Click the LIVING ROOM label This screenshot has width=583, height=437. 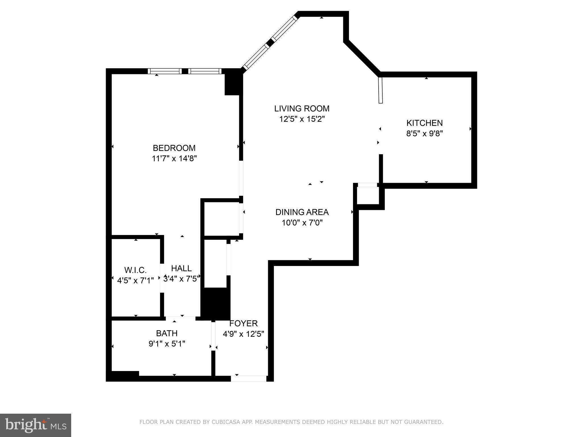[x=302, y=108]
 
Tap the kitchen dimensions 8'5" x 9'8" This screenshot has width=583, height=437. [x=424, y=133]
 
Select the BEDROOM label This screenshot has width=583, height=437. [x=174, y=148]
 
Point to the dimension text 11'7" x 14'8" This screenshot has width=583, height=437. [x=174, y=158]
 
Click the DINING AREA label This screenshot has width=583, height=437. [x=302, y=212]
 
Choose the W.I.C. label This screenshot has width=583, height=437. [x=136, y=270]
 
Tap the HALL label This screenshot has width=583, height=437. [x=181, y=268]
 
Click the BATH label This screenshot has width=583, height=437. [x=167, y=333]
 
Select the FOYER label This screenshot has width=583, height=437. [x=243, y=323]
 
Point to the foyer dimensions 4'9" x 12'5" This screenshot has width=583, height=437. [x=243, y=334]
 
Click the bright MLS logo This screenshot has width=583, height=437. [x=36, y=425]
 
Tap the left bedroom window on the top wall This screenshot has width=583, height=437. [x=165, y=71]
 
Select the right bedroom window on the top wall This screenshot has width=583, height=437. [x=205, y=71]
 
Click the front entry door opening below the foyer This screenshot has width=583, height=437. [x=249, y=378]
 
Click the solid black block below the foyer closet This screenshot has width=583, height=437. [x=215, y=303]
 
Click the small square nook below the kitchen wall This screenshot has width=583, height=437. [x=368, y=196]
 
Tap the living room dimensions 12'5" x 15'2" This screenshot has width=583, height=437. [x=302, y=119]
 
